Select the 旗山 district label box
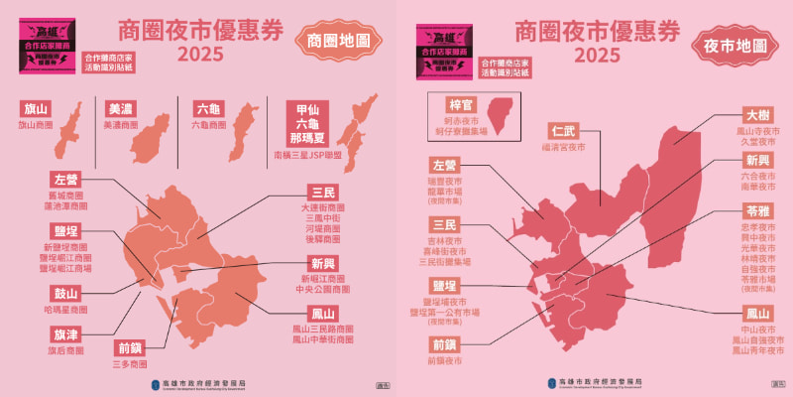pos(36,108)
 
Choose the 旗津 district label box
pos(67,333)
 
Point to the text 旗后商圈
pos(67,350)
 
